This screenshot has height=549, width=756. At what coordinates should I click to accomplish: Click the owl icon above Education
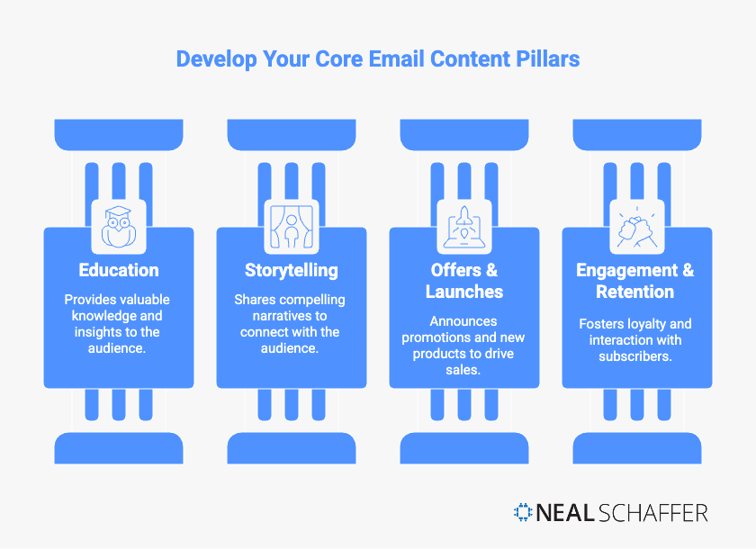click(x=118, y=226)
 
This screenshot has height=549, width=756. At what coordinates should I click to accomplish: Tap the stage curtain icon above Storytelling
click(x=291, y=226)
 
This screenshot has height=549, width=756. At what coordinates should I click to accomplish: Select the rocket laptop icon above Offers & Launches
click(x=463, y=226)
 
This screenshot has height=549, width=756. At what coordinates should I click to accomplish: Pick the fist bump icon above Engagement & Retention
click(x=636, y=226)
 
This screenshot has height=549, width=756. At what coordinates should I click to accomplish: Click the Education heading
click(x=118, y=270)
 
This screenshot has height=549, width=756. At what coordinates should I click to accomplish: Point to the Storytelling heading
click(x=291, y=270)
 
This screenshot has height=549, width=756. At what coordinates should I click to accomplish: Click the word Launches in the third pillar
click(x=463, y=292)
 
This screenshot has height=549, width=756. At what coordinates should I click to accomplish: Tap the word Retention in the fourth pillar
click(x=634, y=292)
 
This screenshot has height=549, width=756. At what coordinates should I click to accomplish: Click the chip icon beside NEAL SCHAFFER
click(x=523, y=513)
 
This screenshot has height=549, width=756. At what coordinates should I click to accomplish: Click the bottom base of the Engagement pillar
click(x=636, y=447)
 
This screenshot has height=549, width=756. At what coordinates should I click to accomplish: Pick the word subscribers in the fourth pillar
click(x=636, y=356)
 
